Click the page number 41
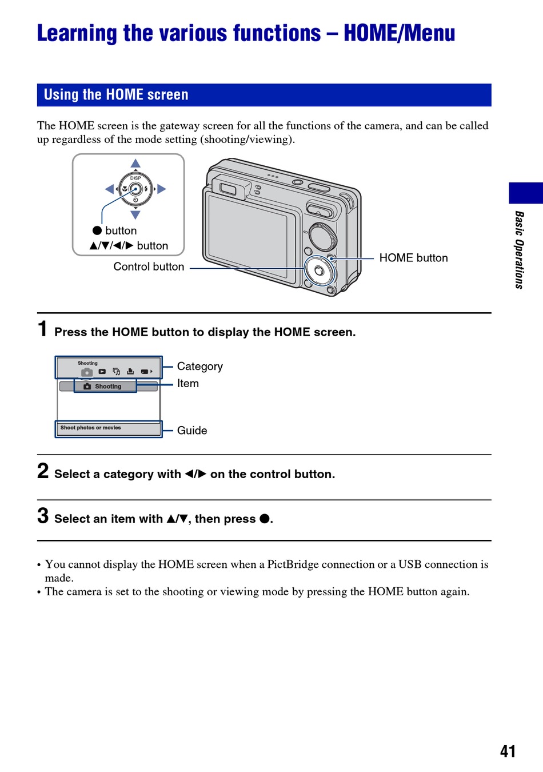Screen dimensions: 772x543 pos(508,751)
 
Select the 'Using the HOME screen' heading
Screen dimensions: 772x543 pos(116,95)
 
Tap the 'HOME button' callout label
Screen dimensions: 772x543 pos(413,258)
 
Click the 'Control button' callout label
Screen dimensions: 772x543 pos(149,266)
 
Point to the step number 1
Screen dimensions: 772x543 pos(42,329)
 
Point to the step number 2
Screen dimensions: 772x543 pos(43,471)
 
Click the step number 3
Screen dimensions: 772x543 pos(43,516)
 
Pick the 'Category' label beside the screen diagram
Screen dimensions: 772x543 pos(199,367)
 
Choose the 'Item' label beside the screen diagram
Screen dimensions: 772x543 pos(187,384)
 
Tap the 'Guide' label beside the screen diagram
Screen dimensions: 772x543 pos(192,431)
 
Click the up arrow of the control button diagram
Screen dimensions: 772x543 pos(135,164)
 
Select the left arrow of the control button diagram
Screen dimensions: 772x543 pos(109,189)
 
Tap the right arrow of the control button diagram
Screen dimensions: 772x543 pos(162,189)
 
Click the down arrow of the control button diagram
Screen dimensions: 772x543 pos(135,215)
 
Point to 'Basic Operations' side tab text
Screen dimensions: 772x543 pos(519,250)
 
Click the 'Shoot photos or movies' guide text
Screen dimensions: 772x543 pos(91,428)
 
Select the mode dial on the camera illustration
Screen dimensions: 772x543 pos(324,237)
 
